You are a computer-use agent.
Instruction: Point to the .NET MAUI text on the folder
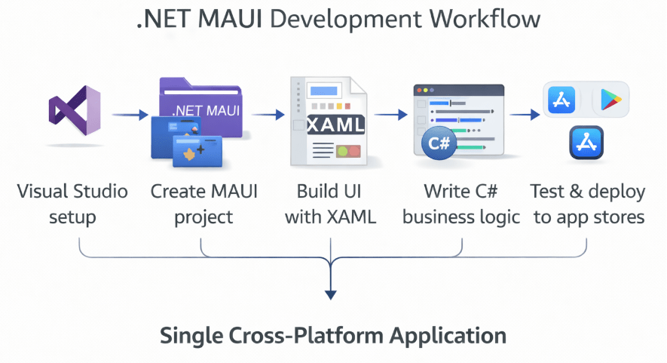(206, 110)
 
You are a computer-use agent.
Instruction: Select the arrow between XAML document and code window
(387, 115)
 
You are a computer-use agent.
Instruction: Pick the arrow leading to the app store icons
(525, 115)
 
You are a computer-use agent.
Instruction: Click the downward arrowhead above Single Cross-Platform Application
(329, 292)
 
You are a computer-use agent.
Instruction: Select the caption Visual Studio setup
(72, 205)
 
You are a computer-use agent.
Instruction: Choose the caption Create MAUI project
(203, 205)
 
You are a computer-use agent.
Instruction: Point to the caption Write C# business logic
(461, 205)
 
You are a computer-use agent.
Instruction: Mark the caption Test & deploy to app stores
(588, 205)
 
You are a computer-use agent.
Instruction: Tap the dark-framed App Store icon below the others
(586, 143)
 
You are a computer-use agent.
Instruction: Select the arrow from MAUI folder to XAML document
(268, 115)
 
